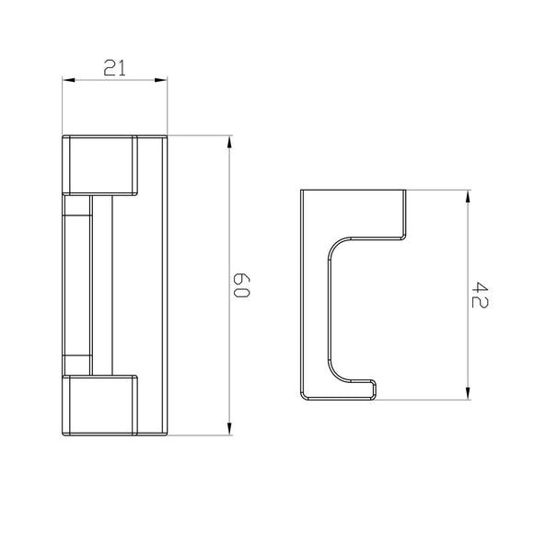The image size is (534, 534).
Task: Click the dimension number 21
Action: click(x=115, y=67)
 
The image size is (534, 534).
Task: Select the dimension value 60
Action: click(x=242, y=284)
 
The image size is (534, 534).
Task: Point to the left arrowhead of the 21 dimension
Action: click(x=66, y=81)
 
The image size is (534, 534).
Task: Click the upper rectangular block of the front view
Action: click(x=99, y=165)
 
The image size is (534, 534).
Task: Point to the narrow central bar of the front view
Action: click(x=77, y=284)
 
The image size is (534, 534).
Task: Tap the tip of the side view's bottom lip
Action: click(x=377, y=389)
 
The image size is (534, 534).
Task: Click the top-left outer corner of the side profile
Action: click(x=303, y=191)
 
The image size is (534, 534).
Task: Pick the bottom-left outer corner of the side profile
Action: click(x=303, y=400)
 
